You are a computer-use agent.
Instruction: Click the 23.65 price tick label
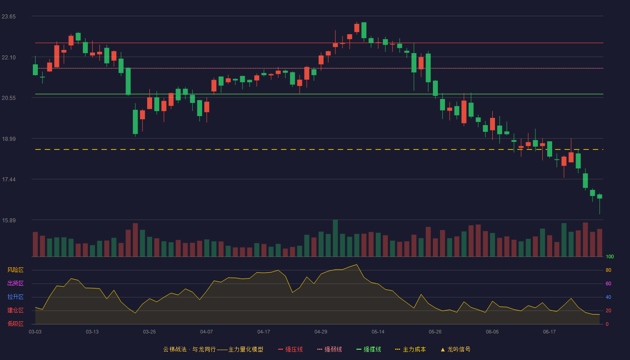point(9,17)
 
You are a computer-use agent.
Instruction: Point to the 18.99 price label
point(9,139)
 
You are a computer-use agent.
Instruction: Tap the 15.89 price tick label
point(9,220)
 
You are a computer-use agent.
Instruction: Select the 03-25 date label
point(149,332)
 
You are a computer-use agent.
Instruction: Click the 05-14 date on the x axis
point(378,332)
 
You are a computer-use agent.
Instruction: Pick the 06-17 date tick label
point(549,332)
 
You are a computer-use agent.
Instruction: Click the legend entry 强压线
point(291,349)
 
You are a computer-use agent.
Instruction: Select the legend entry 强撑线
point(369,349)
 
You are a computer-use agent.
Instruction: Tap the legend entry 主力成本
point(410,349)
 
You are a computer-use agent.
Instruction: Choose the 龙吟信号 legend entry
point(455,349)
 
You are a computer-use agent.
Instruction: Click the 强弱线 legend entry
point(329,349)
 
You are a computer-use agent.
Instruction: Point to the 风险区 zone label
point(15,270)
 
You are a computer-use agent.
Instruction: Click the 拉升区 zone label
point(15,297)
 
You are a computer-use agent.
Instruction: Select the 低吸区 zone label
point(15,324)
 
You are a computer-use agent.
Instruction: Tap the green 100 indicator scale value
point(610,256)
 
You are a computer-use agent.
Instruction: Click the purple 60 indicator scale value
point(608,283)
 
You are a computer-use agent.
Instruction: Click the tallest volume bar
point(335,238)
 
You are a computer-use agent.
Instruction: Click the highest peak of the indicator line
point(356,265)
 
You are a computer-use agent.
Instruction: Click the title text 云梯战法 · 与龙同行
point(189,349)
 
